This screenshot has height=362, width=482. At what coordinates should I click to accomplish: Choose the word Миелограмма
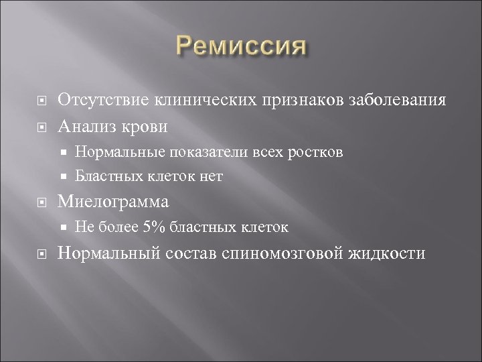point(114,202)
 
